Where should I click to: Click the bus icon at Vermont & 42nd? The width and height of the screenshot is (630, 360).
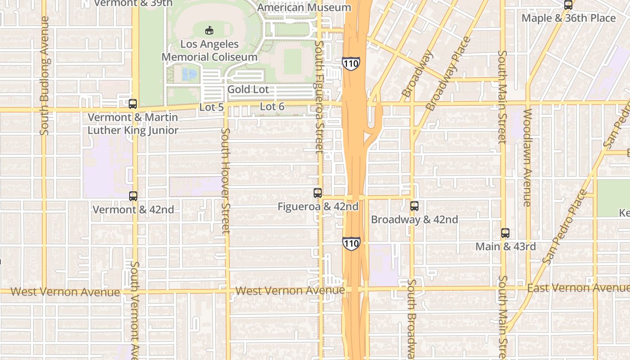pyautogui.click(x=133, y=196)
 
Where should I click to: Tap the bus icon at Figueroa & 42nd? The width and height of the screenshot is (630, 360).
pyautogui.click(x=318, y=193)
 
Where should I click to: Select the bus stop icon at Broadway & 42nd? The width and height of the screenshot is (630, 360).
pyautogui.click(x=414, y=206)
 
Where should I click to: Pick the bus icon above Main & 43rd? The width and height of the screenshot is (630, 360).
pyautogui.click(x=505, y=233)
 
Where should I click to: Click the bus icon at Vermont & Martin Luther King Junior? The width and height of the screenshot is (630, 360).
pyautogui.click(x=133, y=104)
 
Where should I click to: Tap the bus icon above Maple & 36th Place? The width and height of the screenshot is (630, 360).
pyautogui.click(x=568, y=5)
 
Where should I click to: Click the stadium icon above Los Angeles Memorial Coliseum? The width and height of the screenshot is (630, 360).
pyautogui.click(x=209, y=31)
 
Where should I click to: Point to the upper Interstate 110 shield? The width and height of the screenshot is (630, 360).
pyautogui.click(x=351, y=63)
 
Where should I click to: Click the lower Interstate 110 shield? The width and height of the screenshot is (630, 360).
pyautogui.click(x=351, y=243)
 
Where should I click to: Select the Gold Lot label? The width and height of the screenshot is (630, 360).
pyautogui.click(x=248, y=89)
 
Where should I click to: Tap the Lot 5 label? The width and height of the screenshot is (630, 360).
pyautogui.click(x=211, y=107)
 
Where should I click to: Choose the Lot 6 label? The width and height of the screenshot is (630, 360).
pyautogui.click(x=272, y=107)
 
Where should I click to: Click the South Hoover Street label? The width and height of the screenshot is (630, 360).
pyautogui.click(x=226, y=181)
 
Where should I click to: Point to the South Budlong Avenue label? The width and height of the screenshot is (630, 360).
pyautogui.click(x=44, y=76)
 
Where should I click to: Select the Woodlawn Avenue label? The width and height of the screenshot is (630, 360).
pyautogui.click(x=528, y=157)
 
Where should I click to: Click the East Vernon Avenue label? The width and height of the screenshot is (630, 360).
pyautogui.click(x=578, y=288)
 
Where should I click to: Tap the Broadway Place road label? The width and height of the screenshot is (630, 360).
pyautogui.click(x=448, y=74)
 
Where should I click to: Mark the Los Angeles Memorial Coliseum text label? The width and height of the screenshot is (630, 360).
pyautogui.click(x=209, y=50)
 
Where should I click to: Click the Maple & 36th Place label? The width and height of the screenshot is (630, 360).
pyautogui.click(x=568, y=18)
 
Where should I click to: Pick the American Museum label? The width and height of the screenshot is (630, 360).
pyautogui.click(x=304, y=7)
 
